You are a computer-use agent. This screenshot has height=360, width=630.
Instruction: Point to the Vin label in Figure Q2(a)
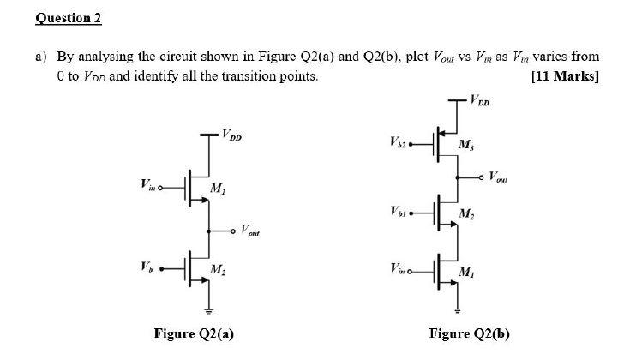coord(147,182)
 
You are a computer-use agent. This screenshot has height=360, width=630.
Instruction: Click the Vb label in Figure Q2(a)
coord(147,264)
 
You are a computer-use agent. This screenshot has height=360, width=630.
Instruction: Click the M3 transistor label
coord(465,143)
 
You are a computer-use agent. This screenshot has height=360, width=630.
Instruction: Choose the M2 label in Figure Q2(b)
coord(465,214)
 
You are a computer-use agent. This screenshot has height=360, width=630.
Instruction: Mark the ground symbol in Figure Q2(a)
coord(207,310)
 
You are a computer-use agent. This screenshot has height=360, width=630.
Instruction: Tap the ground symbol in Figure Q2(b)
coord(457,310)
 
